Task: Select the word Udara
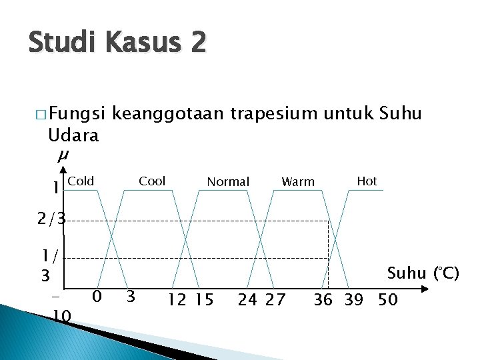pos(73,135)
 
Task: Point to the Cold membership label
pos(81,181)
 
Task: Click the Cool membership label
pos(152,181)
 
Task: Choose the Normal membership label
pos(228,181)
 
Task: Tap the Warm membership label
pos(298,181)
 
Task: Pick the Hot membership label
pos(367,181)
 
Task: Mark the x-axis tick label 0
pos(97,295)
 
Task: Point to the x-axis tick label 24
pos(247,300)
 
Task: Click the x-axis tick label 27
pos(274,300)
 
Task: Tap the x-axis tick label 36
pos(323,300)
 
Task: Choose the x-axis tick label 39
pos(353,300)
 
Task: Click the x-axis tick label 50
pos(387,300)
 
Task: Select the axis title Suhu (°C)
pos(423,273)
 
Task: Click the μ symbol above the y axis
pos(63,155)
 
